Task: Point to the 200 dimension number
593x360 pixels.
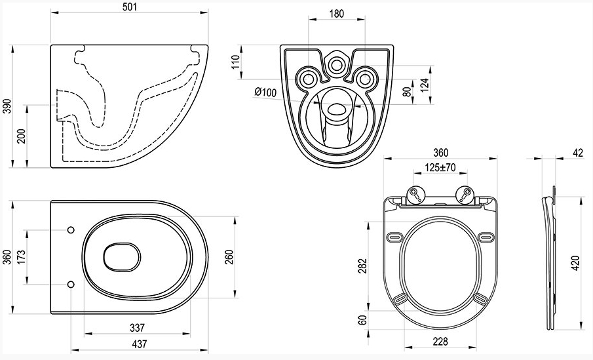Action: pyautogui.click(x=22, y=136)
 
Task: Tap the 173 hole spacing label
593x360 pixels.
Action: pyautogui.click(x=21, y=258)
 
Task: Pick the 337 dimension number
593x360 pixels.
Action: pyautogui.click(x=137, y=327)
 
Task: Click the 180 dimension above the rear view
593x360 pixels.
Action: pyautogui.click(x=337, y=14)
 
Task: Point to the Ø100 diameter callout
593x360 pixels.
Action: pyautogui.click(x=265, y=92)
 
